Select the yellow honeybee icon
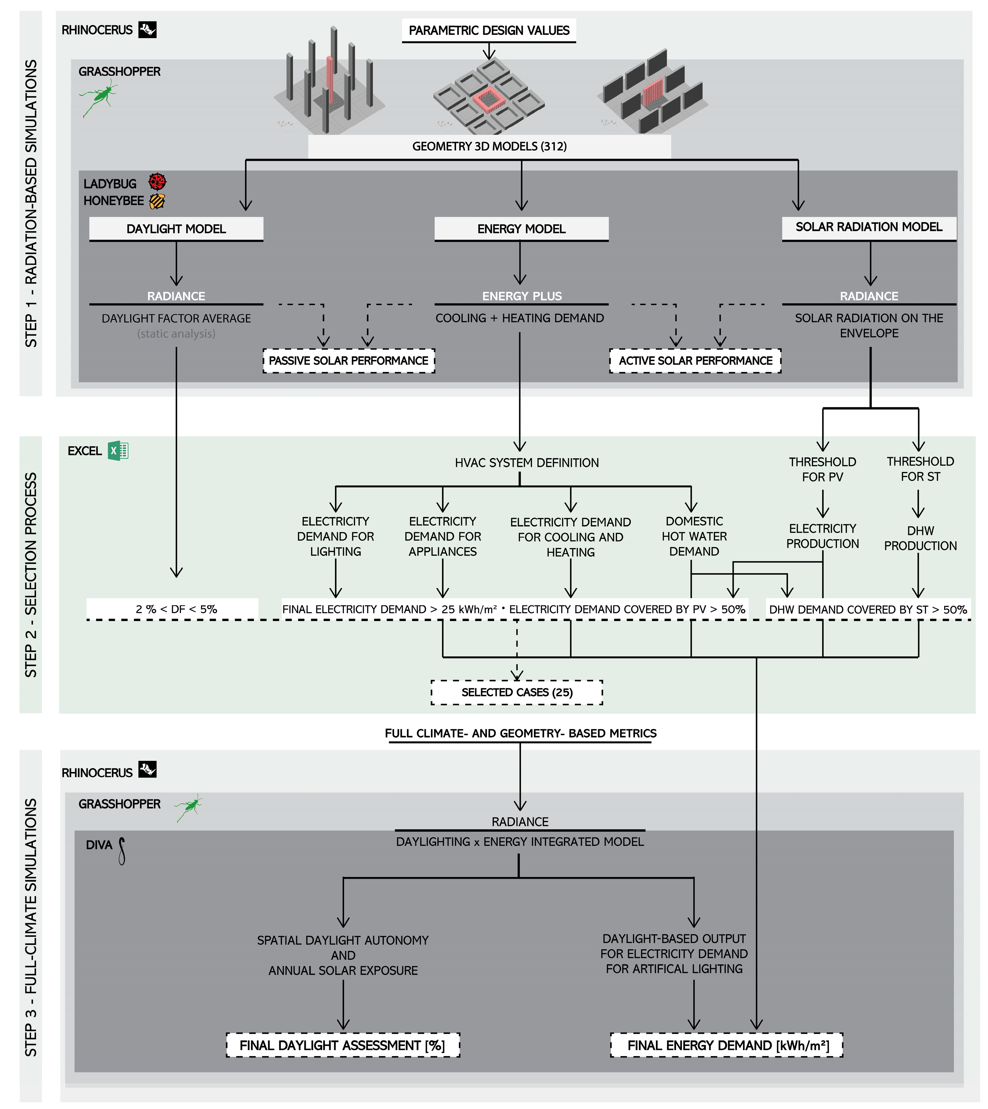[x=157, y=201]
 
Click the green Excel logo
[x=118, y=451]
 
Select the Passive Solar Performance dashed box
[x=349, y=361]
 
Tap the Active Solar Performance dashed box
[x=696, y=361]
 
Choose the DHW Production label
[x=920, y=538]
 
